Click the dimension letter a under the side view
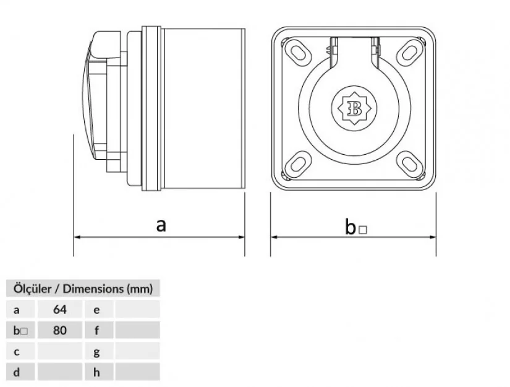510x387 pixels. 161,225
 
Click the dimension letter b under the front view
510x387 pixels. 351,228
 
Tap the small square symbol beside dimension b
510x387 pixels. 363,230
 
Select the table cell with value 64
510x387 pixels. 60,309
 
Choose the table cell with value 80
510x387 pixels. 60,330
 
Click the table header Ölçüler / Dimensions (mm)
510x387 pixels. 83,288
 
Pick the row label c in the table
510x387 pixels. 17,351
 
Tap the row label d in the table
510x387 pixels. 17,372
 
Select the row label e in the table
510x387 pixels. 97,309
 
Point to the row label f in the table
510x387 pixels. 97,330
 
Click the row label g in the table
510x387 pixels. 97,351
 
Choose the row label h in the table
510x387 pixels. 97,372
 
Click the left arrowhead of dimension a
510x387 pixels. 77,237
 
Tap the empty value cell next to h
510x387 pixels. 137,372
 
